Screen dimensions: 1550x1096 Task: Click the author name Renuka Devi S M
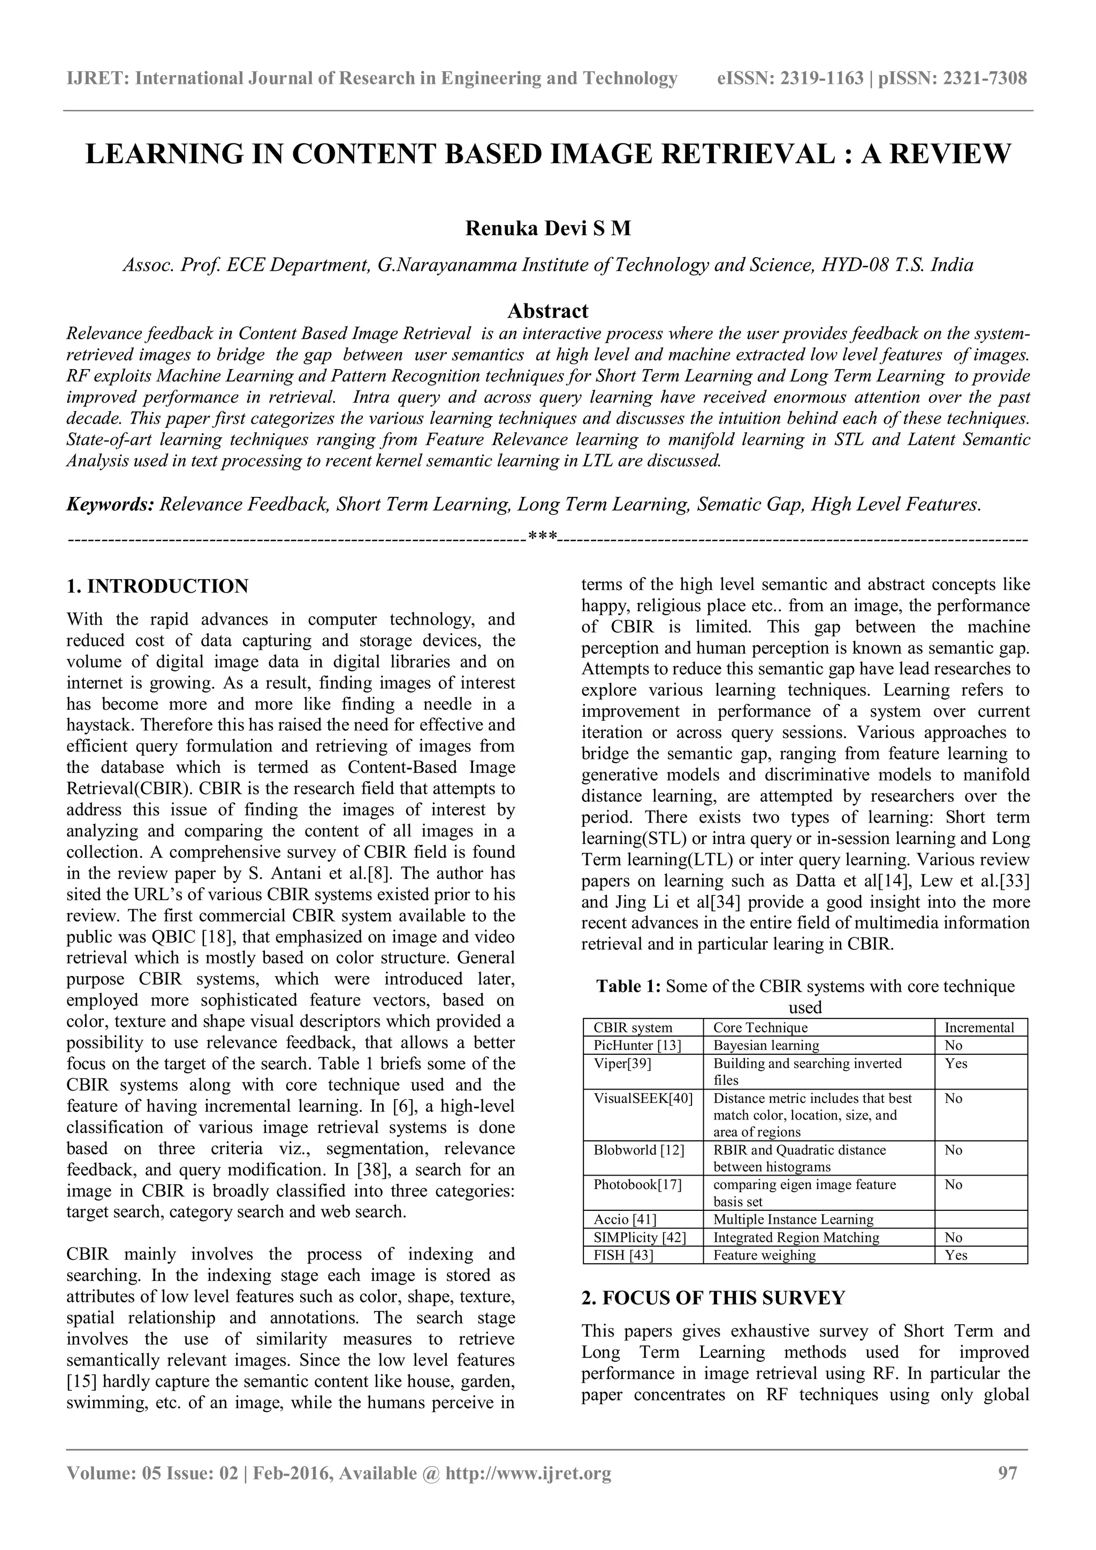click(x=547, y=229)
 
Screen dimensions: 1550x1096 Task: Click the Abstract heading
click(x=547, y=311)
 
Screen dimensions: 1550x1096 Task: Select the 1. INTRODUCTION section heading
click(x=157, y=586)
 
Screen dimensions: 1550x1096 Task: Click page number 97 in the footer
click(x=1007, y=1492)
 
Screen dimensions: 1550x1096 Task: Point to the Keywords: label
click(x=110, y=504)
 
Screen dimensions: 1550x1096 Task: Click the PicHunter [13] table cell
click(x=637, y=1045)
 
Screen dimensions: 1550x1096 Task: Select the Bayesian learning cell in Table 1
click(x=766, y=1045)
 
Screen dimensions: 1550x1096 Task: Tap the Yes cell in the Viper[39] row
click(x=956, y=1063)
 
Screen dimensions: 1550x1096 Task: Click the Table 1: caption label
click(x=628, y=986)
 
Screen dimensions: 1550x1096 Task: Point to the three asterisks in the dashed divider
click(x=542, y=538)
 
